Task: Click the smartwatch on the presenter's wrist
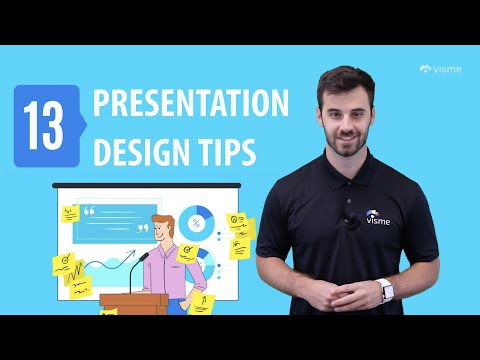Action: [x=387, y=290]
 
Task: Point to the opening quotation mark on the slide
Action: [x=90, y=211]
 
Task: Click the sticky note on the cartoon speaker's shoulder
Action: [x=186, y=254]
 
